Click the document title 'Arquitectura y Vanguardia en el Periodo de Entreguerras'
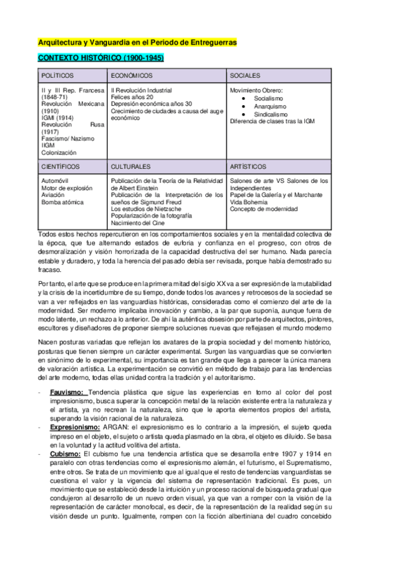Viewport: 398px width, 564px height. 138,43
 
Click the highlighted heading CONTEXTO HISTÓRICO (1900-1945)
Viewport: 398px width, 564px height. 101,59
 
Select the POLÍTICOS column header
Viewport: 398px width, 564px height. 57,76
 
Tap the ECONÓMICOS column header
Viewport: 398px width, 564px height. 132,76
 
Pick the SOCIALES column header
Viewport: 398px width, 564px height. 245,76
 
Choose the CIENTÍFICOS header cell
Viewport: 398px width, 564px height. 60,166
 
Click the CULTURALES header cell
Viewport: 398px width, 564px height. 131,166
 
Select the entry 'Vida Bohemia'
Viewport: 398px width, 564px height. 249,202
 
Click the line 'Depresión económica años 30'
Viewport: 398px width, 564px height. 151,104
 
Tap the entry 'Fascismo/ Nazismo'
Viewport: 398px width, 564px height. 68,138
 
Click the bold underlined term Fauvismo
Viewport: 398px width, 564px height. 67,393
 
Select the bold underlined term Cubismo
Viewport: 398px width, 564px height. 65,454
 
